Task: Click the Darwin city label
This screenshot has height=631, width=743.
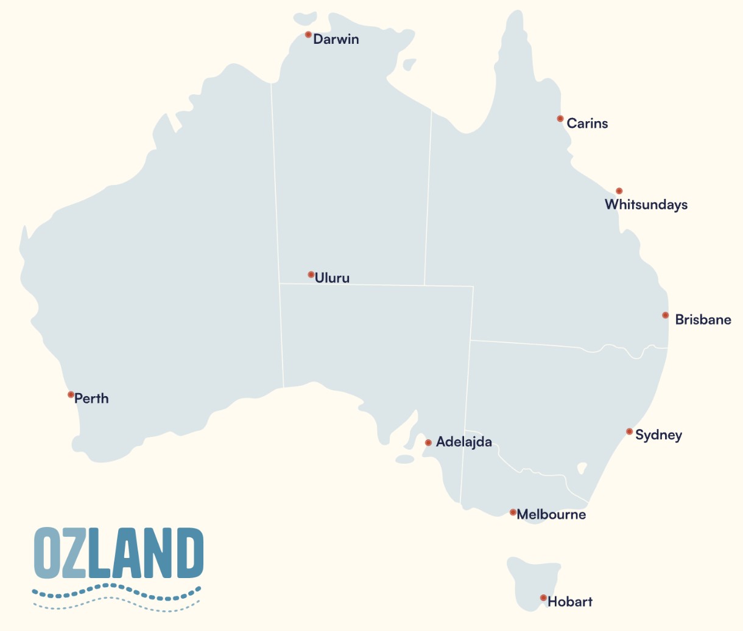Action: [x=336, y=40]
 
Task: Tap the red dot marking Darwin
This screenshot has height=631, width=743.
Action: [x=308, y=35]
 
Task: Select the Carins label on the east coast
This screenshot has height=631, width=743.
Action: [x=587, y=124]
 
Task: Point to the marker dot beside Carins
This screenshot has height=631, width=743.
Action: [x=560, y=119]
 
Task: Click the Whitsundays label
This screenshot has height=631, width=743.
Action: [x=646, y=205]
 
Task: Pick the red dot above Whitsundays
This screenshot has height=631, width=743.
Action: [x=619, y=191]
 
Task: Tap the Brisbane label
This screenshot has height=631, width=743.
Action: [x=703, y=320]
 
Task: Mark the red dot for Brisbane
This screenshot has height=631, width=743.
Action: [x=666, y=315]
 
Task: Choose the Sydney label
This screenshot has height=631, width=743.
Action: [x=658, y=435]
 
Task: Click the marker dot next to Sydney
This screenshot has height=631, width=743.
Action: [x=630, y=431]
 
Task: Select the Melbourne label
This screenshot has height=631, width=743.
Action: [x=551, y=515]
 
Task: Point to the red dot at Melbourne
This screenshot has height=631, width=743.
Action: [x=513, y=512]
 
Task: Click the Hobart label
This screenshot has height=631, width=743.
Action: [x=570, y=602]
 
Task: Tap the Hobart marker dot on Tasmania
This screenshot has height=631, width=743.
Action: [x=543, y=598]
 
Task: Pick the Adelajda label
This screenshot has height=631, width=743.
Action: [x=464, y=442]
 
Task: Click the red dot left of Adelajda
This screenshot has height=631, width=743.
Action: [x=428, y=443]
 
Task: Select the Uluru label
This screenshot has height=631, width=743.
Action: [x=332, y=278]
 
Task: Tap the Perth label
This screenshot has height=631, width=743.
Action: [x=91, y=399]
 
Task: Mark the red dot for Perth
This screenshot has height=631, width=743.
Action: [x=71, y=395]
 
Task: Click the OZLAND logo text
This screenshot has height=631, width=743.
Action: [x=118, y=553]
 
